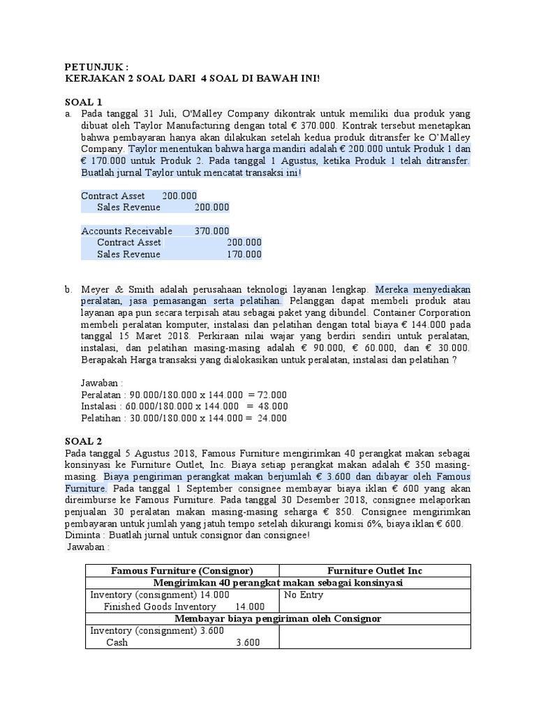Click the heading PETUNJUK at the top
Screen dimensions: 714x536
96,66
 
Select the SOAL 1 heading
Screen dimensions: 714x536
83,101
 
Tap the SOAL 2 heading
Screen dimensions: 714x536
83,441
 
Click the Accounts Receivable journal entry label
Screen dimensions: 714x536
126,231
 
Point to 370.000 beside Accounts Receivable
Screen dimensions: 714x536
211,231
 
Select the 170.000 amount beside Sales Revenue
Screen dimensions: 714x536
244,255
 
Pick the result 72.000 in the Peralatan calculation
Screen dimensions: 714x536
274,394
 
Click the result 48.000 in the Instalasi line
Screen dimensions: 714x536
273,406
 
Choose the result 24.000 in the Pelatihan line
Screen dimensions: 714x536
273,418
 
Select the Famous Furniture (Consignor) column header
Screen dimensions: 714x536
182,570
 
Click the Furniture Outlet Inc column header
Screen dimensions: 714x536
375,570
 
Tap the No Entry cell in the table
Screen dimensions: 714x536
304,595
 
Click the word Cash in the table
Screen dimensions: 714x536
117,643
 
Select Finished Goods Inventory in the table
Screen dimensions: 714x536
160,607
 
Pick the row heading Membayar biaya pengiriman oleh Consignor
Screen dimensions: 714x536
278,618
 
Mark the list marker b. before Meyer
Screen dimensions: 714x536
68,289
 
